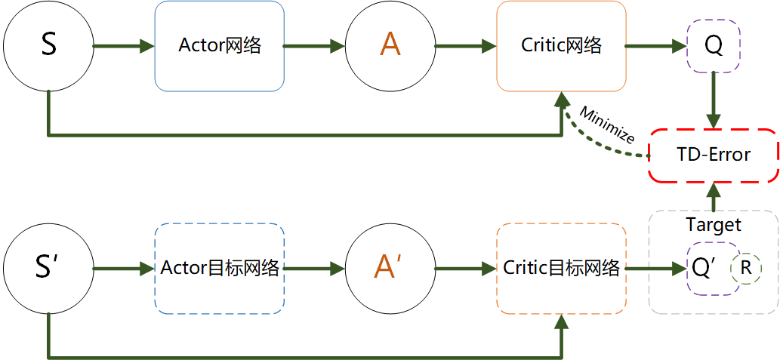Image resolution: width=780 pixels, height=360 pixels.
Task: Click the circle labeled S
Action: [x=48, y=45]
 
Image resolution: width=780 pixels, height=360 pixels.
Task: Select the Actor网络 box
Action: [x=219, y=45]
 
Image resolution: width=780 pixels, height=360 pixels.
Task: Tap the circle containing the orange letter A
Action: [x=390, y=45]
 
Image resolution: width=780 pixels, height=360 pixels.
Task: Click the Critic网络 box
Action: [x=561, y=45]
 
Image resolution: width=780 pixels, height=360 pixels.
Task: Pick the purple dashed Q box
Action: [x=713, y=46]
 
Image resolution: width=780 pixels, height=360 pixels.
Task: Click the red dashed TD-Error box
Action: [x=713, y=155]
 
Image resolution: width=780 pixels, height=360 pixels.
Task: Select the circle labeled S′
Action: [x=48, y=268]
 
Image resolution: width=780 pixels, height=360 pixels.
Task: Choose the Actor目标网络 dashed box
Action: [x=219, y=268]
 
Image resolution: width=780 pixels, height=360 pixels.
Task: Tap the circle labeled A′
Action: [x=390, y=268]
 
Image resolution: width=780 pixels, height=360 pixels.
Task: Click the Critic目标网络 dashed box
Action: [x=561, y=268]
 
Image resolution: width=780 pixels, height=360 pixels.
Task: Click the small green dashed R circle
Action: [x=746, y=268]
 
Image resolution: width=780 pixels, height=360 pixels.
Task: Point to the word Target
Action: [x=713, y=225]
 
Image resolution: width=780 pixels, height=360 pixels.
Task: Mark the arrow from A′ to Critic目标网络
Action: [x=464, y=268]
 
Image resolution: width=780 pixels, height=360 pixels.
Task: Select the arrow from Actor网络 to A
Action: [x=313, y=46]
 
